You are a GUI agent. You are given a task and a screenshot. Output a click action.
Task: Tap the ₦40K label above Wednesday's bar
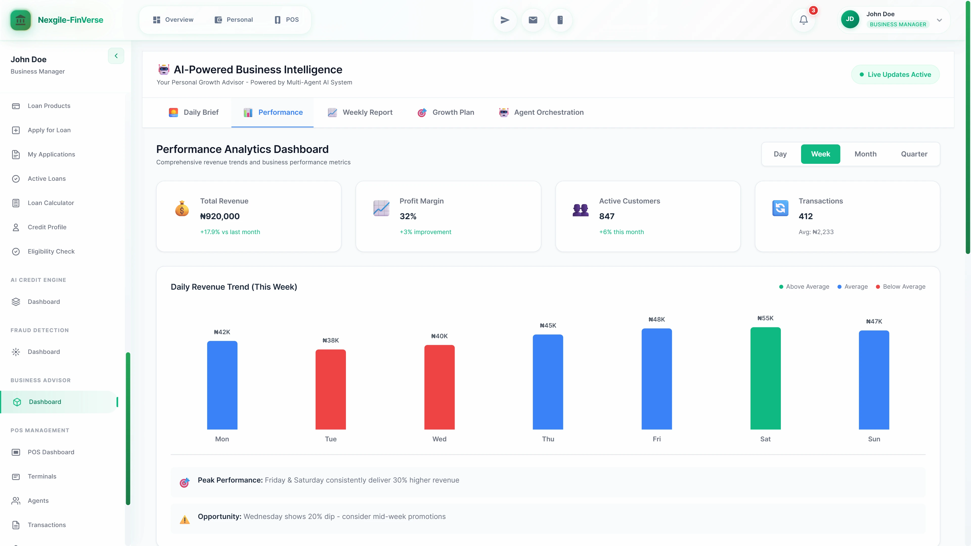coord(439,336)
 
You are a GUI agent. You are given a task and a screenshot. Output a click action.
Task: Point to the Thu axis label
coord(548,439)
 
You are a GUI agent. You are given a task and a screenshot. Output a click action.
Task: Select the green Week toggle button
coord(820,154)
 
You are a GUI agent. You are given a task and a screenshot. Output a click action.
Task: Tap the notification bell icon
coord(803,20)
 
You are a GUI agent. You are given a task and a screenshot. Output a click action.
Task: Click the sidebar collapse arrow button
coord(116,56)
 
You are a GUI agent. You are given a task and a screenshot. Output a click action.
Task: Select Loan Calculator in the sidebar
coord(51,203)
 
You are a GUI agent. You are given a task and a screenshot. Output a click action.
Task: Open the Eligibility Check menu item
coord(51,251)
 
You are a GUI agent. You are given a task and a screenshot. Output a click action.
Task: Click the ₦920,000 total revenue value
coord(220,216)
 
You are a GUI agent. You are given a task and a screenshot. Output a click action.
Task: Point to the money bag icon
coord(182,208)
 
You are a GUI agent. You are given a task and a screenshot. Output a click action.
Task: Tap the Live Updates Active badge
coord(895,75)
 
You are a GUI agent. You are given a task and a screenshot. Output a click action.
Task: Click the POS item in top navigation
coord(286,20)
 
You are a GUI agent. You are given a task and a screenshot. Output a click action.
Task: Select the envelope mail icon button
coord(533,20)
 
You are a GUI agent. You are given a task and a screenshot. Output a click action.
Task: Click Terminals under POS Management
coord(42,476)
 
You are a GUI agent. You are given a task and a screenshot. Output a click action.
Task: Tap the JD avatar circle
coord(850,19)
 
